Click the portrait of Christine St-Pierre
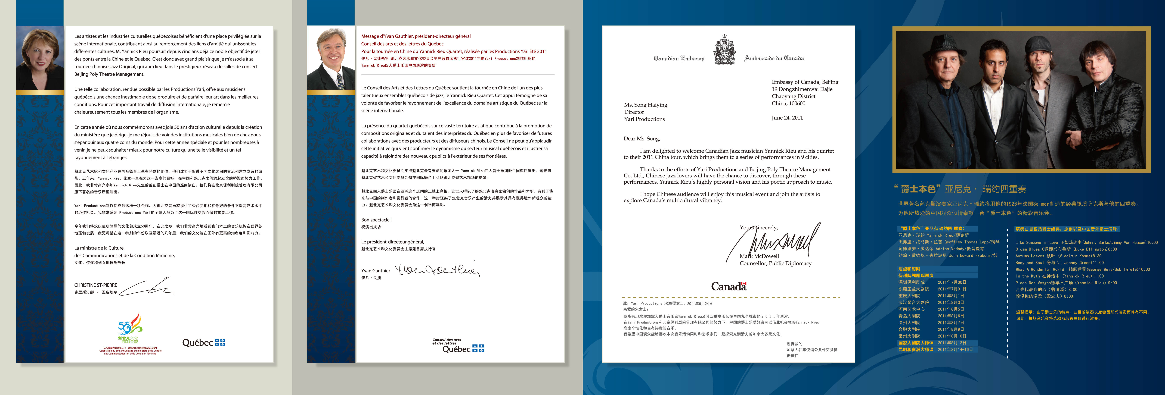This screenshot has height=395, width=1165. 40,58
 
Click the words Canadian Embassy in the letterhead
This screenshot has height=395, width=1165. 679,58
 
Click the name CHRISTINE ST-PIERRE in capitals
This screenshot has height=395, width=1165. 95,285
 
